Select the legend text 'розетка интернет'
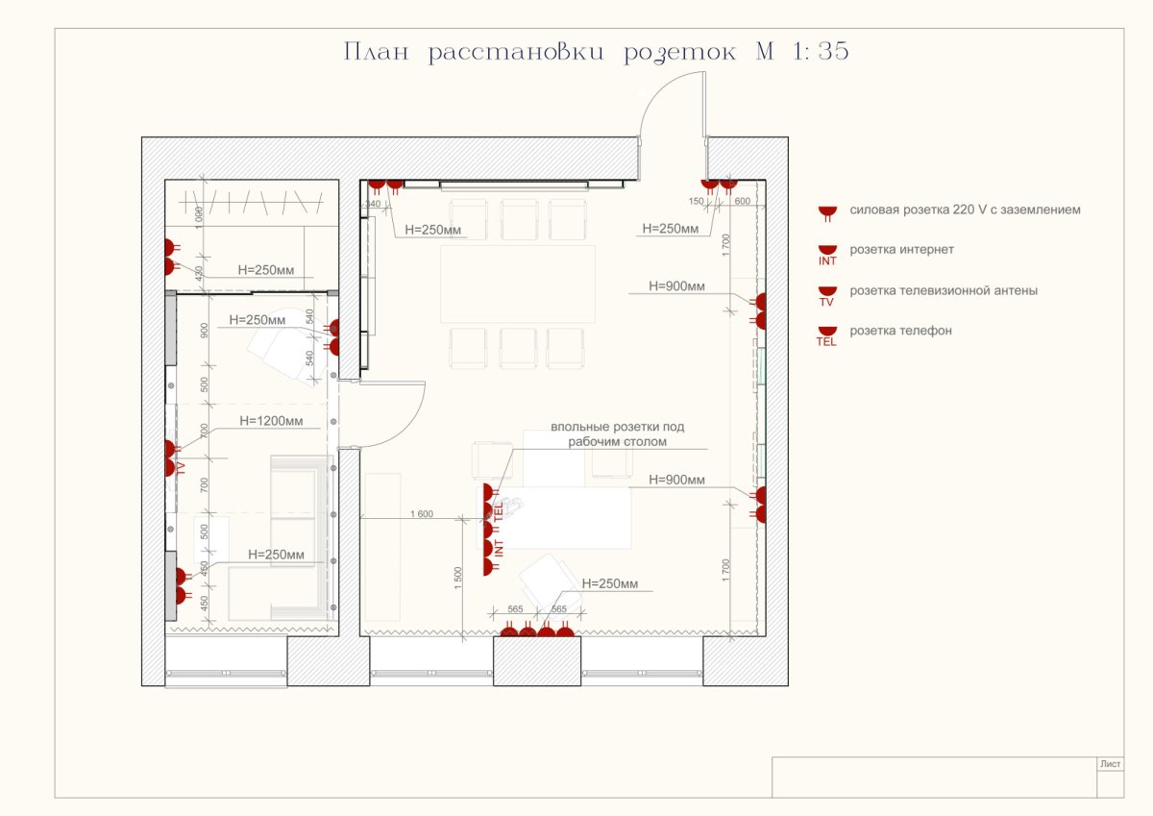point(899,250)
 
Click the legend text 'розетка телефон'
point(900,331)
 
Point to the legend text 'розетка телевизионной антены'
point(943,290)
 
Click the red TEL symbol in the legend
point(826,335)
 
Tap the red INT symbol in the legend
point(826,255)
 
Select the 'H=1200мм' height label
point(272,421)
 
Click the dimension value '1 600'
point(421,514)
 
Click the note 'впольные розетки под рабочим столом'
point(617,434)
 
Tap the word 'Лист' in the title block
point(1109,764)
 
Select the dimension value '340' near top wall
point(373,204)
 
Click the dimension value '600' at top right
point(742,201)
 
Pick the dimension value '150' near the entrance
point(698,201)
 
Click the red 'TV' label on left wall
point(180,469)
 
